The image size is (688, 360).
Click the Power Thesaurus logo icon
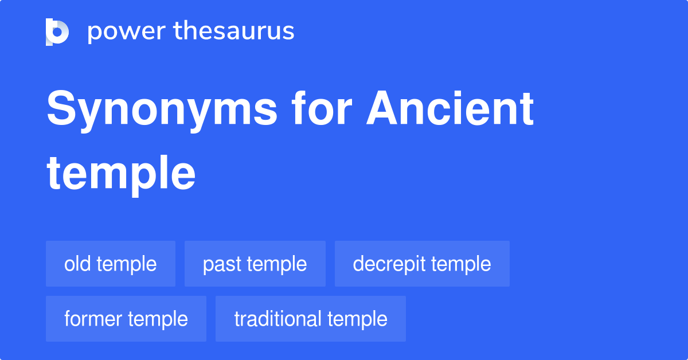(57, 32)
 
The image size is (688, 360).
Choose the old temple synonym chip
(111, 264)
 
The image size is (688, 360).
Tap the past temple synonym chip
(255, 264)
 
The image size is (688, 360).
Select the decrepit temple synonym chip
(422, 264)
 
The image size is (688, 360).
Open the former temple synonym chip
(126, 319)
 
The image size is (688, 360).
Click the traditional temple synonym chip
(311, 319)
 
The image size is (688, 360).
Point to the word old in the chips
(77, 264)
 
